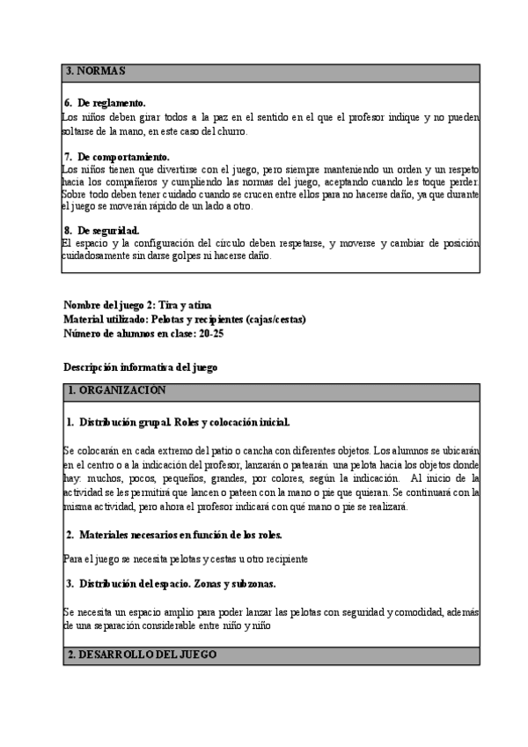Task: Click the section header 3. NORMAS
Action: (97, 70)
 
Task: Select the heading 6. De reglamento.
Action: (105, 103)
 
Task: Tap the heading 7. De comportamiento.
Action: (117, 157)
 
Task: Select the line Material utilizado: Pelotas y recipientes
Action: (185, 319)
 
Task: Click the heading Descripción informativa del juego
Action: (141, 366)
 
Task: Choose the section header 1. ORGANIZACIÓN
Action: (116, 390)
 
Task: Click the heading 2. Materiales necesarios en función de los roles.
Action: (187, 535)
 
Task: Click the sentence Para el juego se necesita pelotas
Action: (186, 558)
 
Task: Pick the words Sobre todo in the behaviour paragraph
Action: (84, 194)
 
